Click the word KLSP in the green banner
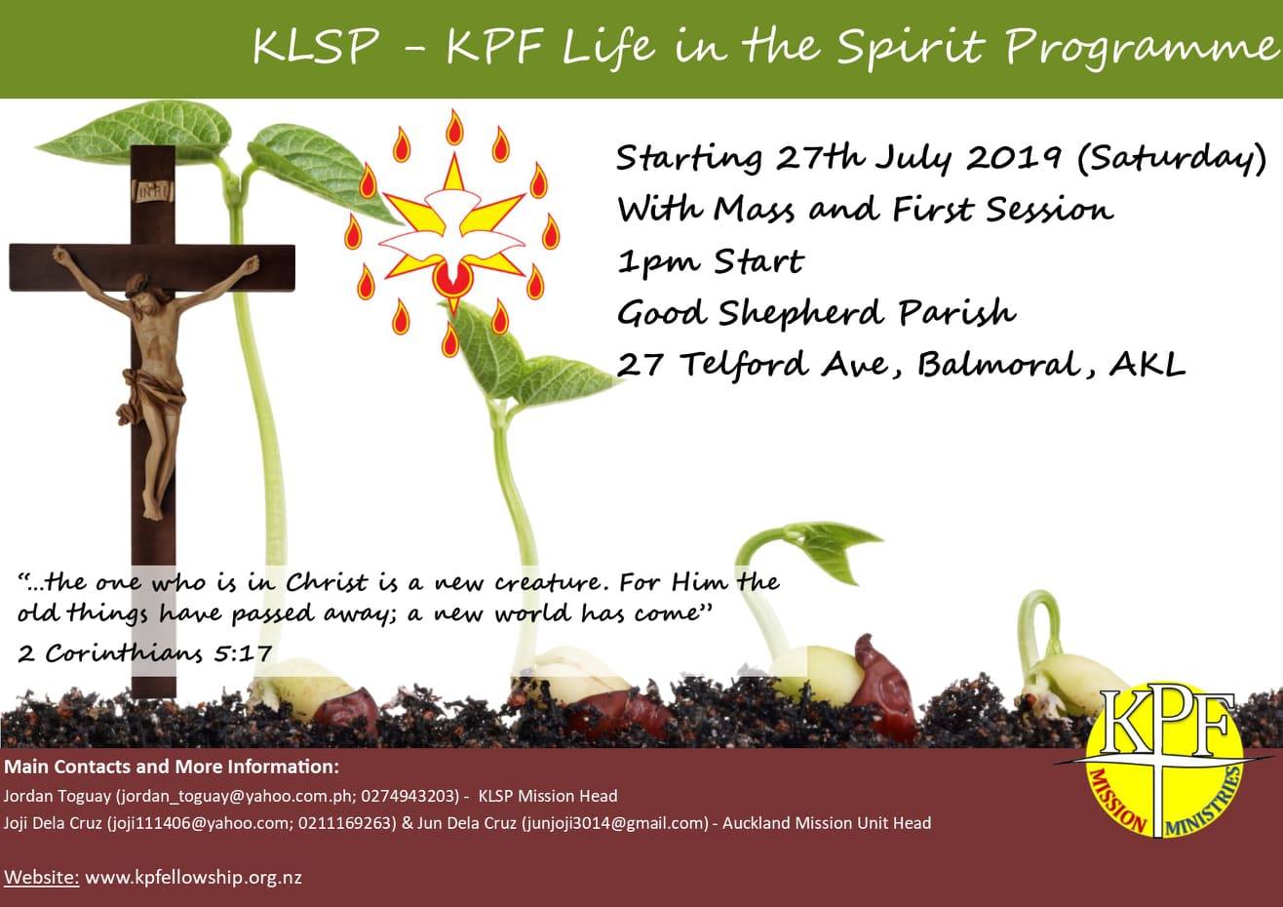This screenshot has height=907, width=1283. click(316, 47)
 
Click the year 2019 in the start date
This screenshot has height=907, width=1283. click(1012, 158)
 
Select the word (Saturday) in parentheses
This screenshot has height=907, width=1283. click(1171, 159)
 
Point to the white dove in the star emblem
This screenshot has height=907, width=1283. click(452, 236)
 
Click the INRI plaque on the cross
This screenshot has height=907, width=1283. click(152, 191)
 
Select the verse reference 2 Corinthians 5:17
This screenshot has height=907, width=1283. click(144, 653)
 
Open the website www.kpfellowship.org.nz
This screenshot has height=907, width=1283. click(194, 877)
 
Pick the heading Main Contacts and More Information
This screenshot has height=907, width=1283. click(172, 767)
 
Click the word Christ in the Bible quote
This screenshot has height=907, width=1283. click(326, 582)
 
